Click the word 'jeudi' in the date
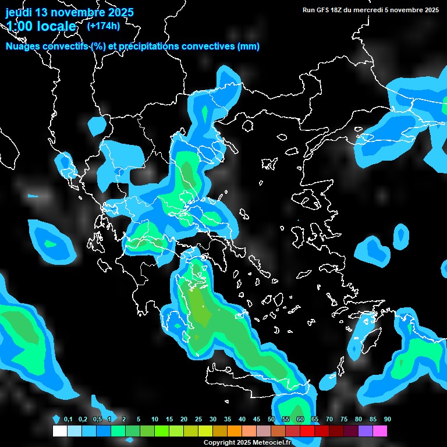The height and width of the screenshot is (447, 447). [19, 12]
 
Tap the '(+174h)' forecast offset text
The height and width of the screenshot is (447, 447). [103, 26]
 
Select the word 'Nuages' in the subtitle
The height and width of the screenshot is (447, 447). [23, 46]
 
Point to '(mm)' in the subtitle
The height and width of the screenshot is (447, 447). [249, 46]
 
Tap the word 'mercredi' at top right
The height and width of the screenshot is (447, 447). [378, 10]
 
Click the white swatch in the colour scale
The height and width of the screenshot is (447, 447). [59, 431]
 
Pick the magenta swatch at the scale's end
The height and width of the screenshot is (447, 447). [379, 431]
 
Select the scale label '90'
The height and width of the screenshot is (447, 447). [387, 420]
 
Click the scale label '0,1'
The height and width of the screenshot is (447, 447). [68, 420]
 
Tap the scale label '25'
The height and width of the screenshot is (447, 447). [198, 420]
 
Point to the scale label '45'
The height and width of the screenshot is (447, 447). [256, 420]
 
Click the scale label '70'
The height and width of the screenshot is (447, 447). [329, 420]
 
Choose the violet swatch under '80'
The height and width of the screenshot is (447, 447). [365, 431]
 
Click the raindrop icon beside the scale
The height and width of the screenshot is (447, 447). [56, 419]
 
